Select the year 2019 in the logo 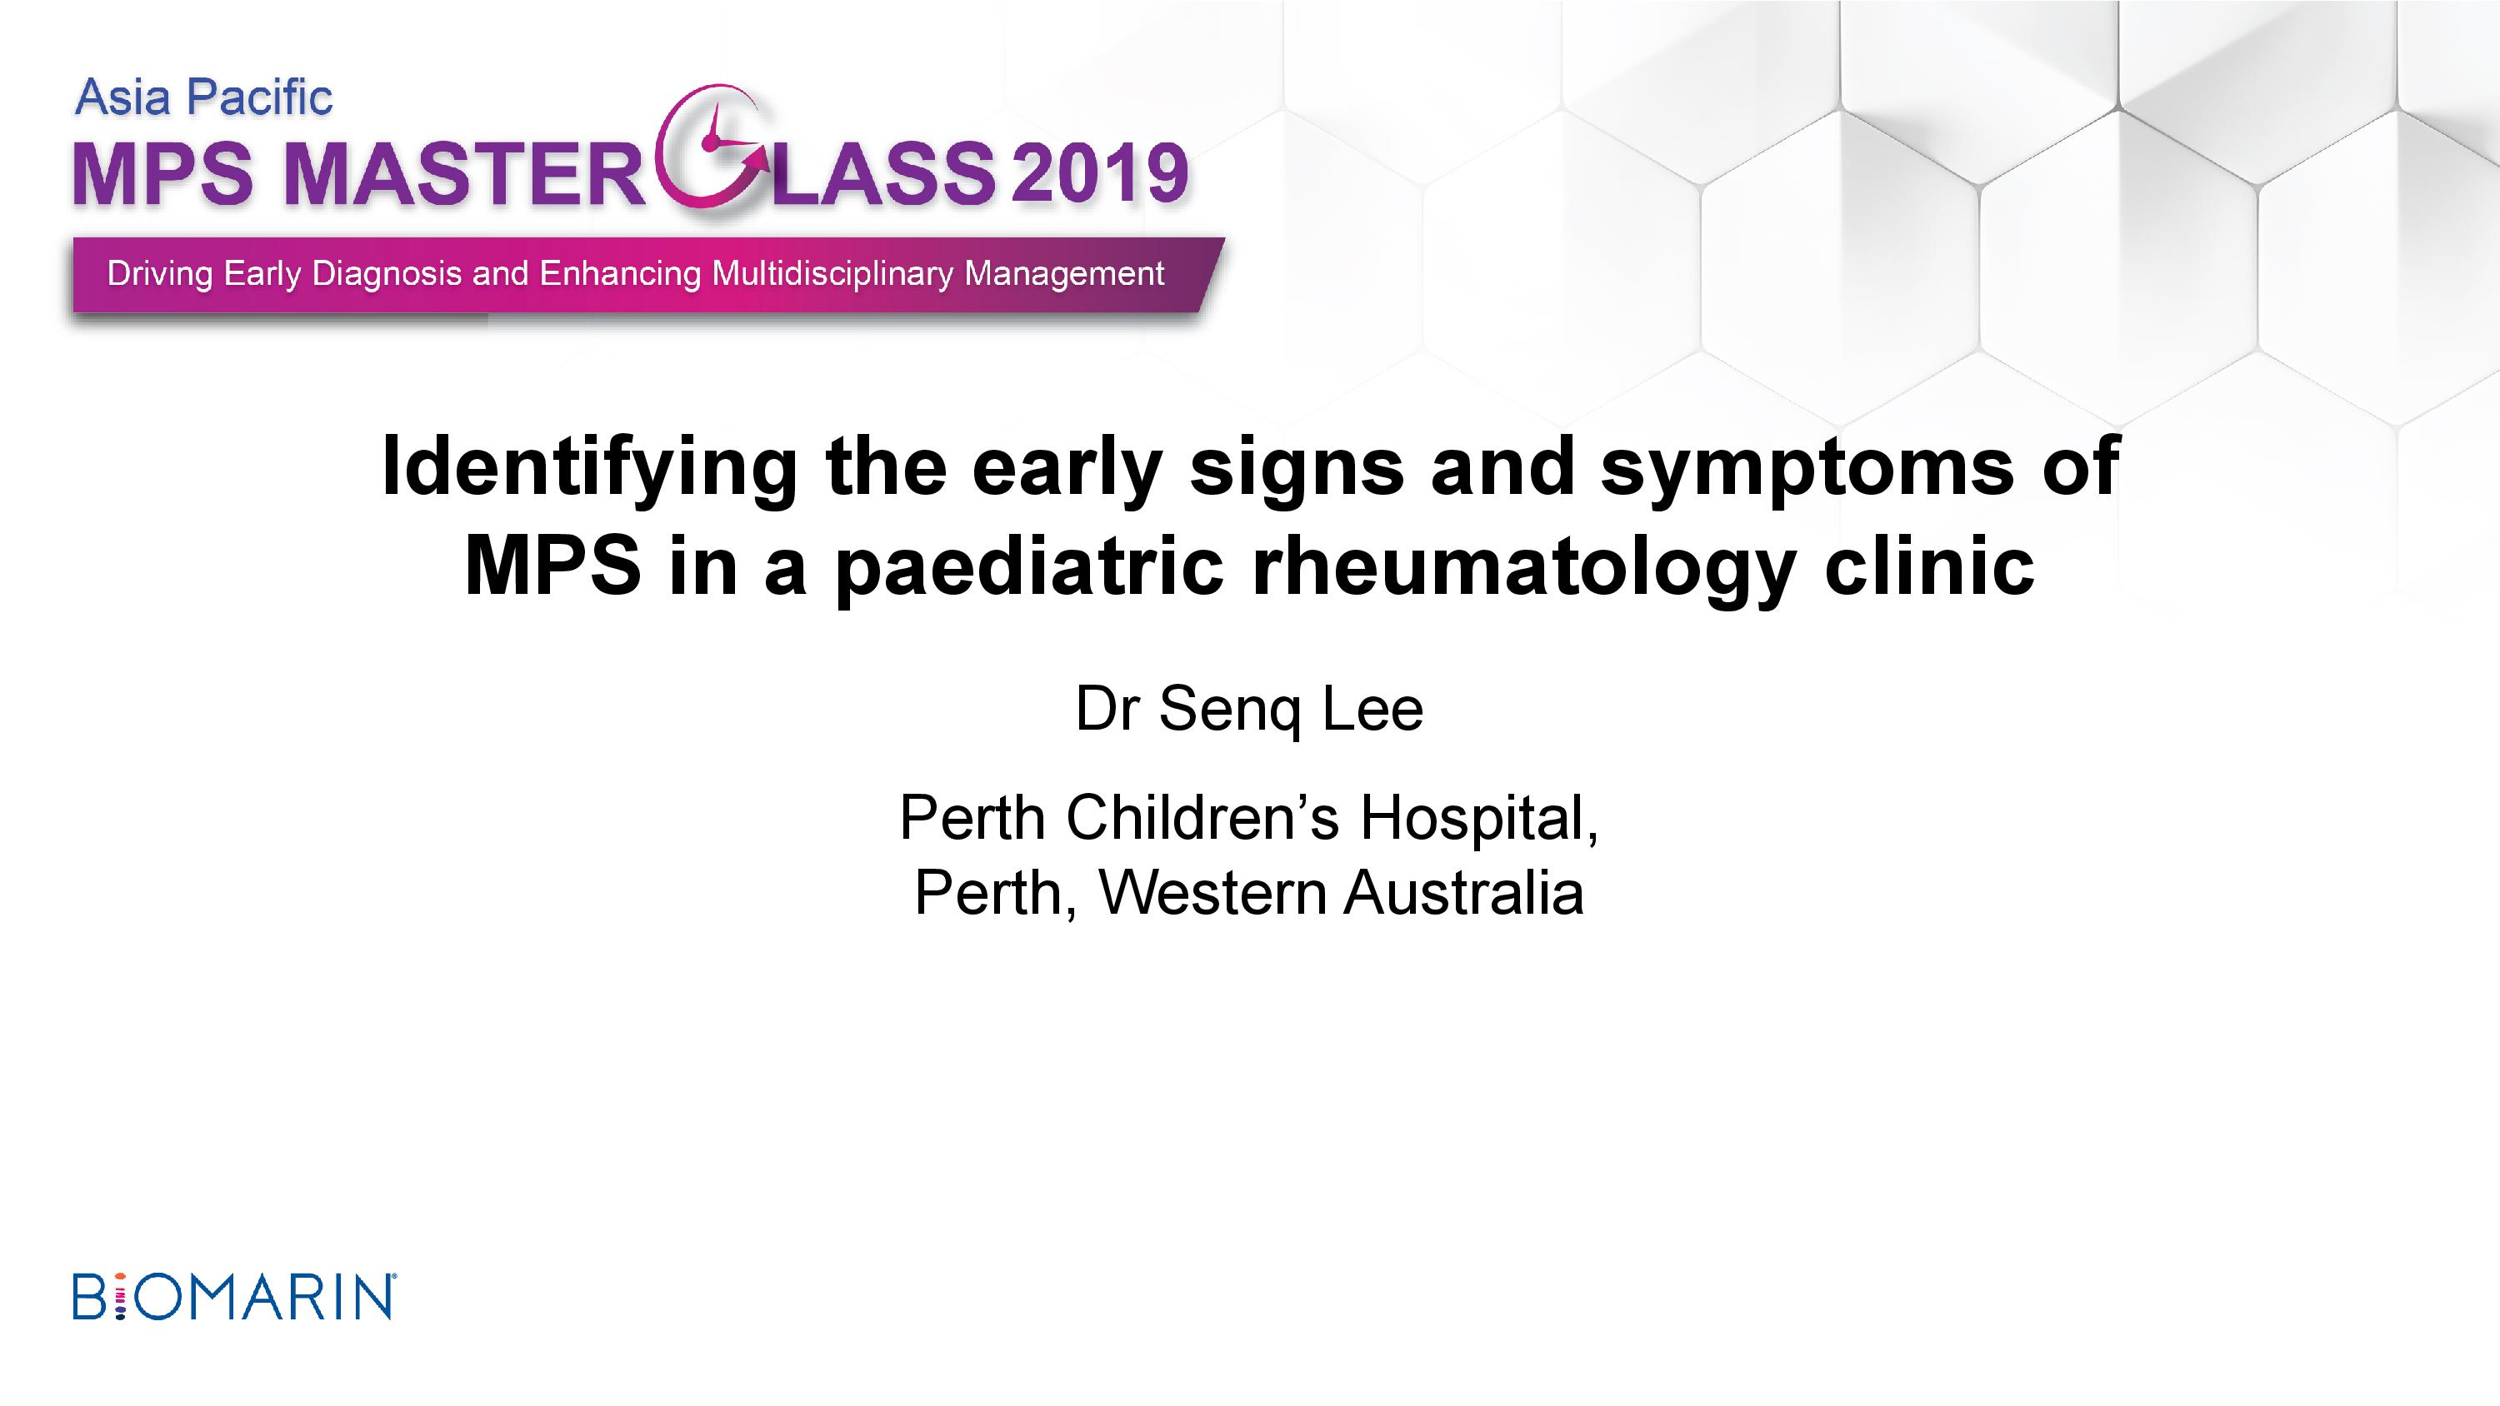point(1099,174)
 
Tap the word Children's point(1202,817)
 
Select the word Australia point(1463,893)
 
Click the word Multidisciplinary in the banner point(832,274)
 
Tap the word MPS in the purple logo point(163,174)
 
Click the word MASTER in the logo point(464,174)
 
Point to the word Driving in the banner point(159,275)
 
